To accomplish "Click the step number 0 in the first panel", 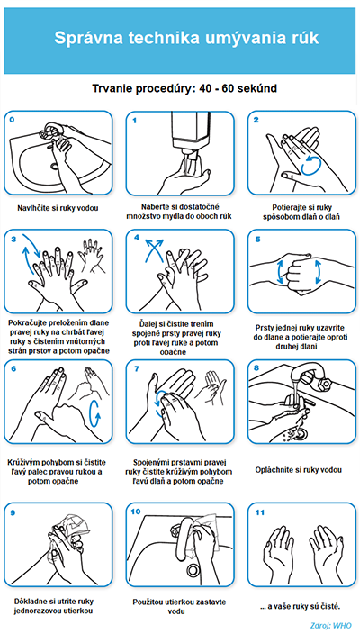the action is pos(12,120).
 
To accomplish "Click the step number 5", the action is pos(257,240).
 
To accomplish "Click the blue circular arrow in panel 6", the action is pos(94,413).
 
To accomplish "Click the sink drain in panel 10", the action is pos(192,569).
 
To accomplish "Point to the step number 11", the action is pos(259,512).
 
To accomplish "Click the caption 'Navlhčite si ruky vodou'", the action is pos(58,208).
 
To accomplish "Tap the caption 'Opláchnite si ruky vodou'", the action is pos(299,470).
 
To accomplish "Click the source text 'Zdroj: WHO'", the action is pos(331,625).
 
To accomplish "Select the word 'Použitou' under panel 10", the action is pos(148,602).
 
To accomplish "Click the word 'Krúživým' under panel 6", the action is pos(23,462).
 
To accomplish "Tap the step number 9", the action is pos(13,512).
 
